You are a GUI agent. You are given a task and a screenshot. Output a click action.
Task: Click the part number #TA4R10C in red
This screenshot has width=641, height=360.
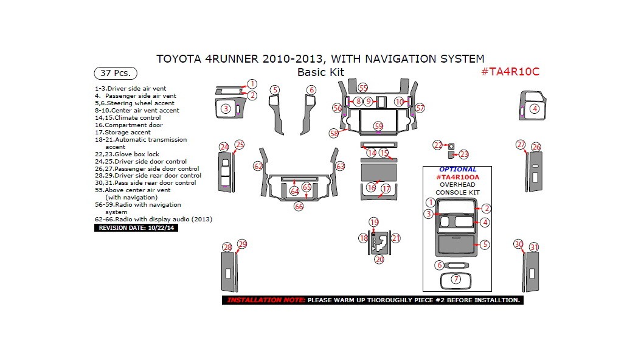(x=510, y=72)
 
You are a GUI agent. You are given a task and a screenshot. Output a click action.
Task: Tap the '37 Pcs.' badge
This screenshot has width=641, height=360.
(x=114, y=73)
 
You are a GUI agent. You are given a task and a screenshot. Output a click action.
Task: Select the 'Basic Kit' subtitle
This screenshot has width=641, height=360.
(x=320, y=72)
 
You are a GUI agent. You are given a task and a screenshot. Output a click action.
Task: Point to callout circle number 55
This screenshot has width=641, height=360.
(x=363, y=88)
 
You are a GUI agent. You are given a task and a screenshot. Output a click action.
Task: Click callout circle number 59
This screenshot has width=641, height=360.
(x=378, y=126)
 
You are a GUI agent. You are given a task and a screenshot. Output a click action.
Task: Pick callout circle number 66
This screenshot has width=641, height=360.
(x=299, y=206)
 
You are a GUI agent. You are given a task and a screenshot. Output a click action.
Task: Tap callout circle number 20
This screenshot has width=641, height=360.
(x=379, y=259)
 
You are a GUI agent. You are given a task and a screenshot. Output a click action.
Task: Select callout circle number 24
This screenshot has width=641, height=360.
(x=224, y=147)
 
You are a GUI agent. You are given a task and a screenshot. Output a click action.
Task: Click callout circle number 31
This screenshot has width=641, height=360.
(x=534, y=247)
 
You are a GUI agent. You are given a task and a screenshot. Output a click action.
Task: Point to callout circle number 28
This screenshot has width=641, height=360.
(x=227, y=247)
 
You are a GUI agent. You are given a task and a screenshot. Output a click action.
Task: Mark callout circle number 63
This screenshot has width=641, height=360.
(x=340, y=166)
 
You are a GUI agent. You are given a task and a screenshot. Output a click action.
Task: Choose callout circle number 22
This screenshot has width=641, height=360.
(x=438, y=145)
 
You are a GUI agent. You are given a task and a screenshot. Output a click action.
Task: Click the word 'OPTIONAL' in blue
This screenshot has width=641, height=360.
(x=457, y=170)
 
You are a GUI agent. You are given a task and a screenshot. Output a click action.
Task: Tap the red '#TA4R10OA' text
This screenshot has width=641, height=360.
(x=457, y=177)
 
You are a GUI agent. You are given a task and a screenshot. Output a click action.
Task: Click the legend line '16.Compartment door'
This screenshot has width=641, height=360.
(x=128, y=125)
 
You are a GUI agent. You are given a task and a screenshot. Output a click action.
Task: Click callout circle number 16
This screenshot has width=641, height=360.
(x=372, y=188)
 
